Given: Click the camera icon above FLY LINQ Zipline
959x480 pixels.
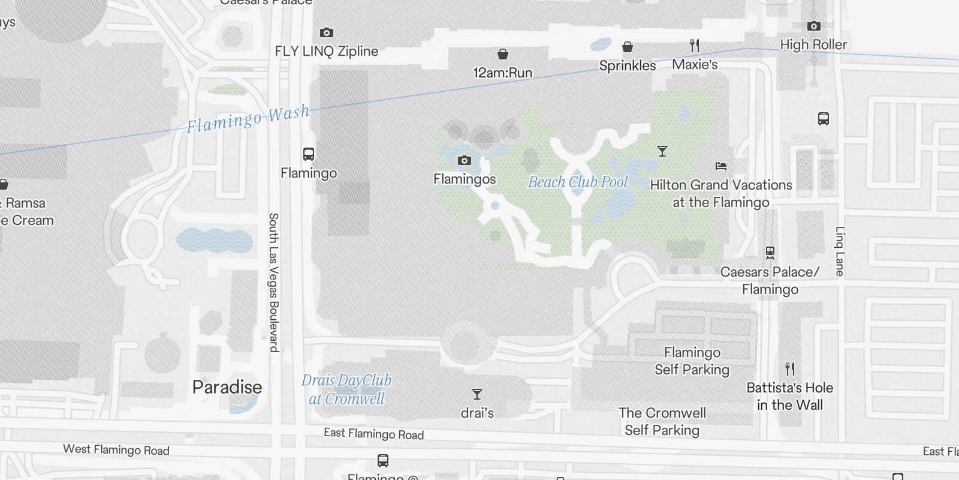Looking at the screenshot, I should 326,32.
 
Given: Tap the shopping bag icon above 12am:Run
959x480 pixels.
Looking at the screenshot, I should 503,55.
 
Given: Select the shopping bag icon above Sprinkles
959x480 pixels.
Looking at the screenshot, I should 628,47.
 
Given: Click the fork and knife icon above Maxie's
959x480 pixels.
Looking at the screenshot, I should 695,45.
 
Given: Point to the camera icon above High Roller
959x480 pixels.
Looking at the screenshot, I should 813,26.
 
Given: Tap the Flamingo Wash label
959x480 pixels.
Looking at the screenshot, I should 248,118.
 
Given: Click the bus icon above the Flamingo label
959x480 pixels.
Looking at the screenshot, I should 309,154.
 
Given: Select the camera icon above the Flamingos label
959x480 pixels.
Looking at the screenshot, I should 464,160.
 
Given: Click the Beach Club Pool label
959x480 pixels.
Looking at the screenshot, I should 578,182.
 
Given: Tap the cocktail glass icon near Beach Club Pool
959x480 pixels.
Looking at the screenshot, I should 662,151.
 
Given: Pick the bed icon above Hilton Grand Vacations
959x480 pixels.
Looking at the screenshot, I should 721,166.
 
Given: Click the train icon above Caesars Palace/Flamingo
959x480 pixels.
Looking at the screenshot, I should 770,253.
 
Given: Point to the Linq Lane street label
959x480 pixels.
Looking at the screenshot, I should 840,251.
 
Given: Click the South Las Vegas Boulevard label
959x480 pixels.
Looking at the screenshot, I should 273,282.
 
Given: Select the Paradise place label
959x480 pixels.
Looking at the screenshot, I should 227,387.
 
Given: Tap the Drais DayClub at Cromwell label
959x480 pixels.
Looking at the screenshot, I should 346,389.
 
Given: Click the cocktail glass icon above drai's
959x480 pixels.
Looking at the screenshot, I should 477,394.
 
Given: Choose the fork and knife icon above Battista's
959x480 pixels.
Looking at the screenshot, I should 790,368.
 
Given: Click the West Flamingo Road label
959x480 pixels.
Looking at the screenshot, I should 116,449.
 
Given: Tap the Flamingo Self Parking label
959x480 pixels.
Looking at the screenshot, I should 692,361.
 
